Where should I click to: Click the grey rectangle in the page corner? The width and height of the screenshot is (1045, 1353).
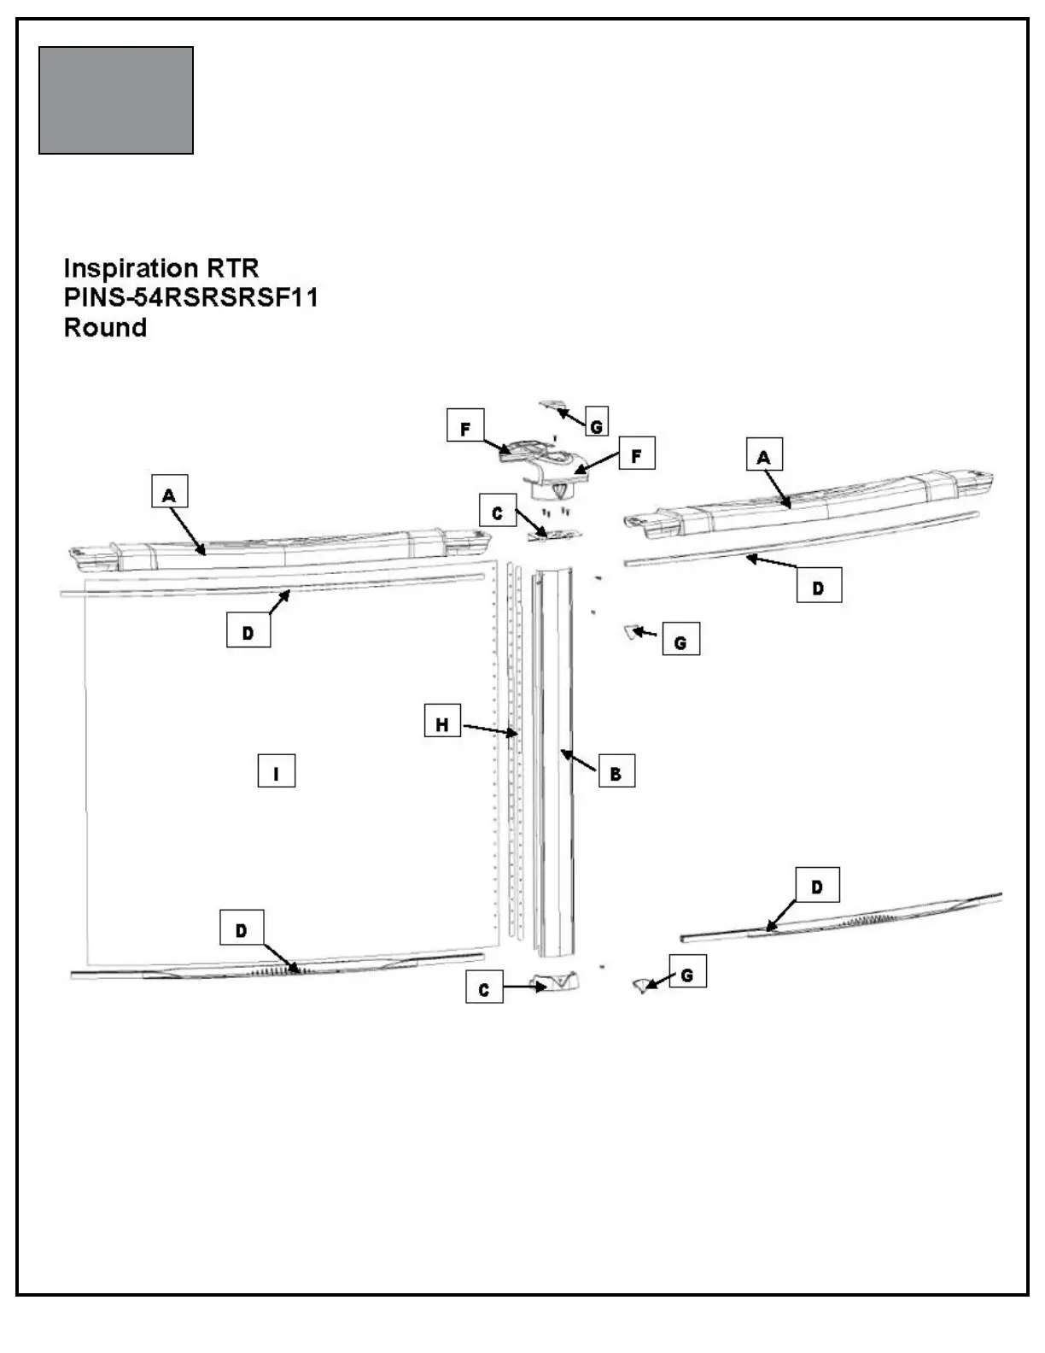coord(116,101)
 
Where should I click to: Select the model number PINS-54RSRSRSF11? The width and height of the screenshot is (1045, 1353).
coord(190,298)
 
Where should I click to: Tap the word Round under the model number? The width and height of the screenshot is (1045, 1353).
coord(105,328)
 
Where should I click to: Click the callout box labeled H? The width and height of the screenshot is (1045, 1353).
coord(442,725)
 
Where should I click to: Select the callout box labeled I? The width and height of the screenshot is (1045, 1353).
coord(276,773)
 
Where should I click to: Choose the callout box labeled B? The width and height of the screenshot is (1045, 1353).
coord(616,774)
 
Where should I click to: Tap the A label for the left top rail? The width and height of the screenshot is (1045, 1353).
coord(169,495)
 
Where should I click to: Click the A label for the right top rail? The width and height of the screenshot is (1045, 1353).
coord(763,457)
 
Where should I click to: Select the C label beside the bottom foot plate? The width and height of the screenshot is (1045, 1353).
coord(484,989)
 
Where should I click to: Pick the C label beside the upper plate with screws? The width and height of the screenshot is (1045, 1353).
coord(498,513)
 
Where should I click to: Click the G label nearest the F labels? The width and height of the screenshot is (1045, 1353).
coord(597,425)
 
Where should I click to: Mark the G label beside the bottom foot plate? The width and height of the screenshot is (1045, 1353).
coord(687,975)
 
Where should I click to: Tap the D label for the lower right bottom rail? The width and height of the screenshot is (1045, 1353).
coord(817,887)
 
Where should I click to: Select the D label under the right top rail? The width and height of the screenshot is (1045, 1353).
coord(818,588)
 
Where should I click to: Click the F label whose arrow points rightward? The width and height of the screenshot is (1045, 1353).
coord(465,428)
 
